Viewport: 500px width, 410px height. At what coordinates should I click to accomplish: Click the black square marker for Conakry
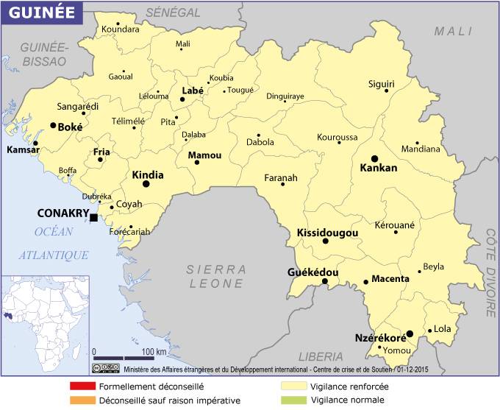[93, 217]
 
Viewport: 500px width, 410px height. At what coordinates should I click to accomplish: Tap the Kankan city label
[378, 168]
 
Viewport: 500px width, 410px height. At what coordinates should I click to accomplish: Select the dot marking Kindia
[146, 184]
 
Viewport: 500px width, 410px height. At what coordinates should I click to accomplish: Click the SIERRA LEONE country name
[216, 276]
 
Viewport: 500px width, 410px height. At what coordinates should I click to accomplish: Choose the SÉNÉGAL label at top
[174, 13]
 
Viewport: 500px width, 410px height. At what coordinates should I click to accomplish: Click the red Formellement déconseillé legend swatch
[83, 386]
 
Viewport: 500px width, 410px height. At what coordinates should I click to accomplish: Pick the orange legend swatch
[83, 400]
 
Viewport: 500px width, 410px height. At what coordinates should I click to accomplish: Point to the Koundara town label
[121, 29]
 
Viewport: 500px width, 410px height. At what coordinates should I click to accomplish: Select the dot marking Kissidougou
[325, 241]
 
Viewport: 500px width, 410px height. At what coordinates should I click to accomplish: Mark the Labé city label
[192, 91]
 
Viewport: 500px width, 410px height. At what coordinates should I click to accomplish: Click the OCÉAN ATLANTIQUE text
[54, 243]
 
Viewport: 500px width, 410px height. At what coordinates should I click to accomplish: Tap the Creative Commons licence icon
[106, 367]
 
